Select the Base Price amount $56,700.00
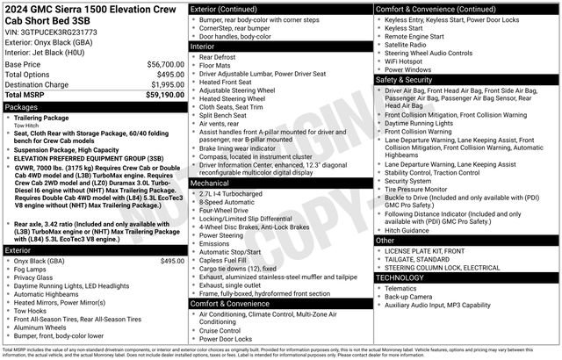pyautogui.click(x=165, y=65)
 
